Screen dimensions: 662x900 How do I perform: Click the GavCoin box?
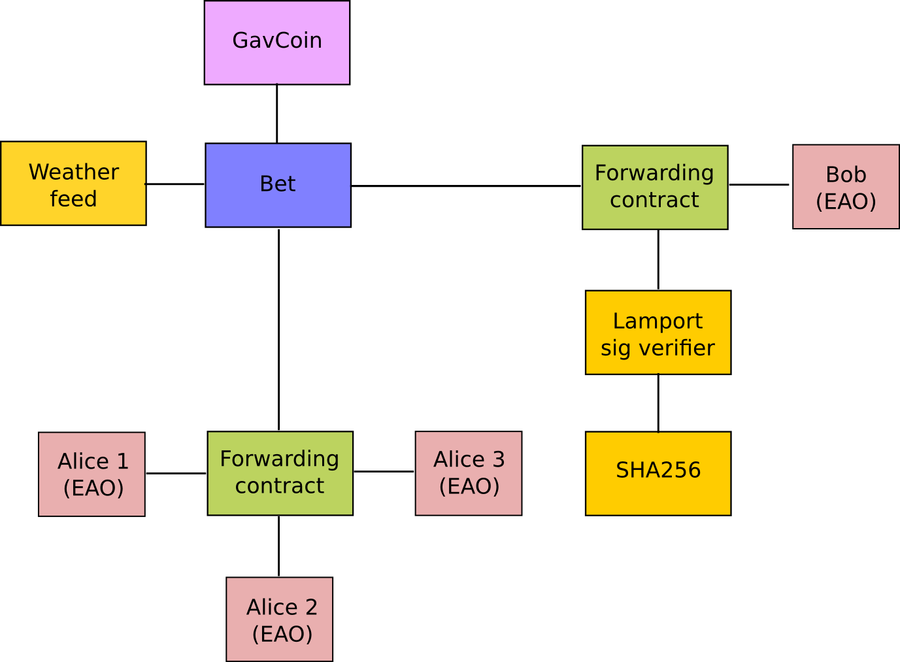277,42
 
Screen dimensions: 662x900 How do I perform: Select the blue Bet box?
278,185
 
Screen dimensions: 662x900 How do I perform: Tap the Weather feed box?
73,184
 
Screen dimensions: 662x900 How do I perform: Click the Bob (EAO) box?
846,187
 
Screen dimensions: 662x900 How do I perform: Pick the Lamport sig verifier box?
658,333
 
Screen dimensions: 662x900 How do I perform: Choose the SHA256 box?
658,473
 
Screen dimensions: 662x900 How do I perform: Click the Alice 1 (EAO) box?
92,474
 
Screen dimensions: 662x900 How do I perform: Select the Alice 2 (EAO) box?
280,619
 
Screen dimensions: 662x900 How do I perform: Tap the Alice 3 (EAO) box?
469,473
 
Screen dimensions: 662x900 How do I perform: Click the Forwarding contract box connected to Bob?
655,188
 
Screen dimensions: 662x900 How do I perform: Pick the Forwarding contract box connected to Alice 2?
280,473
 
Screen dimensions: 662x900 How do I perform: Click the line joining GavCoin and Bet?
277,114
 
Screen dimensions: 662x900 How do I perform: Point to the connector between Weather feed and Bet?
176,184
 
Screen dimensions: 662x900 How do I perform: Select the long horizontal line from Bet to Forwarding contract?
466,186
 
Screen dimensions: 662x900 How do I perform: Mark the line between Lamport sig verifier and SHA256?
658,403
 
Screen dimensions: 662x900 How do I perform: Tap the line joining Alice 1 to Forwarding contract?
176,472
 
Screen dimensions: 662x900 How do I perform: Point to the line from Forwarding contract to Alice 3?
384,471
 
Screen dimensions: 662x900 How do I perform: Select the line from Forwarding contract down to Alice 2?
279,546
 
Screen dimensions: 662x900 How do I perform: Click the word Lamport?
658,321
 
